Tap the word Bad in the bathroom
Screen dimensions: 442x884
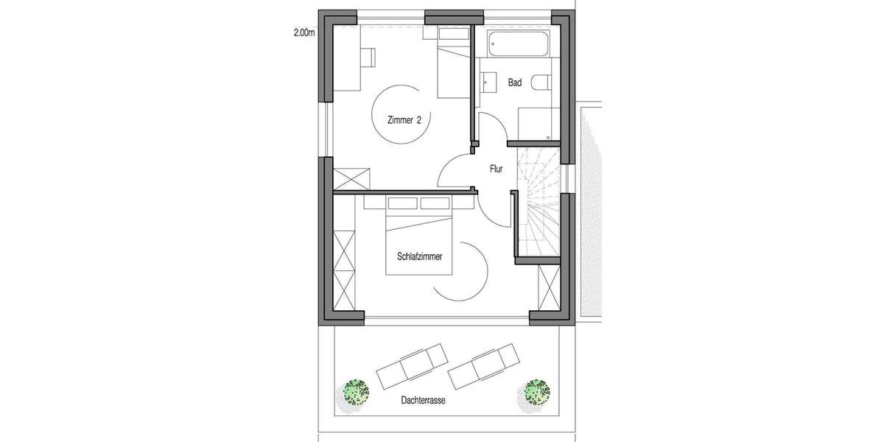tap(515, 83)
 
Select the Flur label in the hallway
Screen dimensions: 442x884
tap(496, 169)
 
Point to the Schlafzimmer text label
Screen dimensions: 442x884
tap(419, 256)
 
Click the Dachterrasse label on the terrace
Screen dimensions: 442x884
tap(424, 402)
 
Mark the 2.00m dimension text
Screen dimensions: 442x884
tap(303, 33)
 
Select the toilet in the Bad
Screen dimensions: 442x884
tap(543, 83)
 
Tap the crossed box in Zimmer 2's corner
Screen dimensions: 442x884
tap(351, 178)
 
